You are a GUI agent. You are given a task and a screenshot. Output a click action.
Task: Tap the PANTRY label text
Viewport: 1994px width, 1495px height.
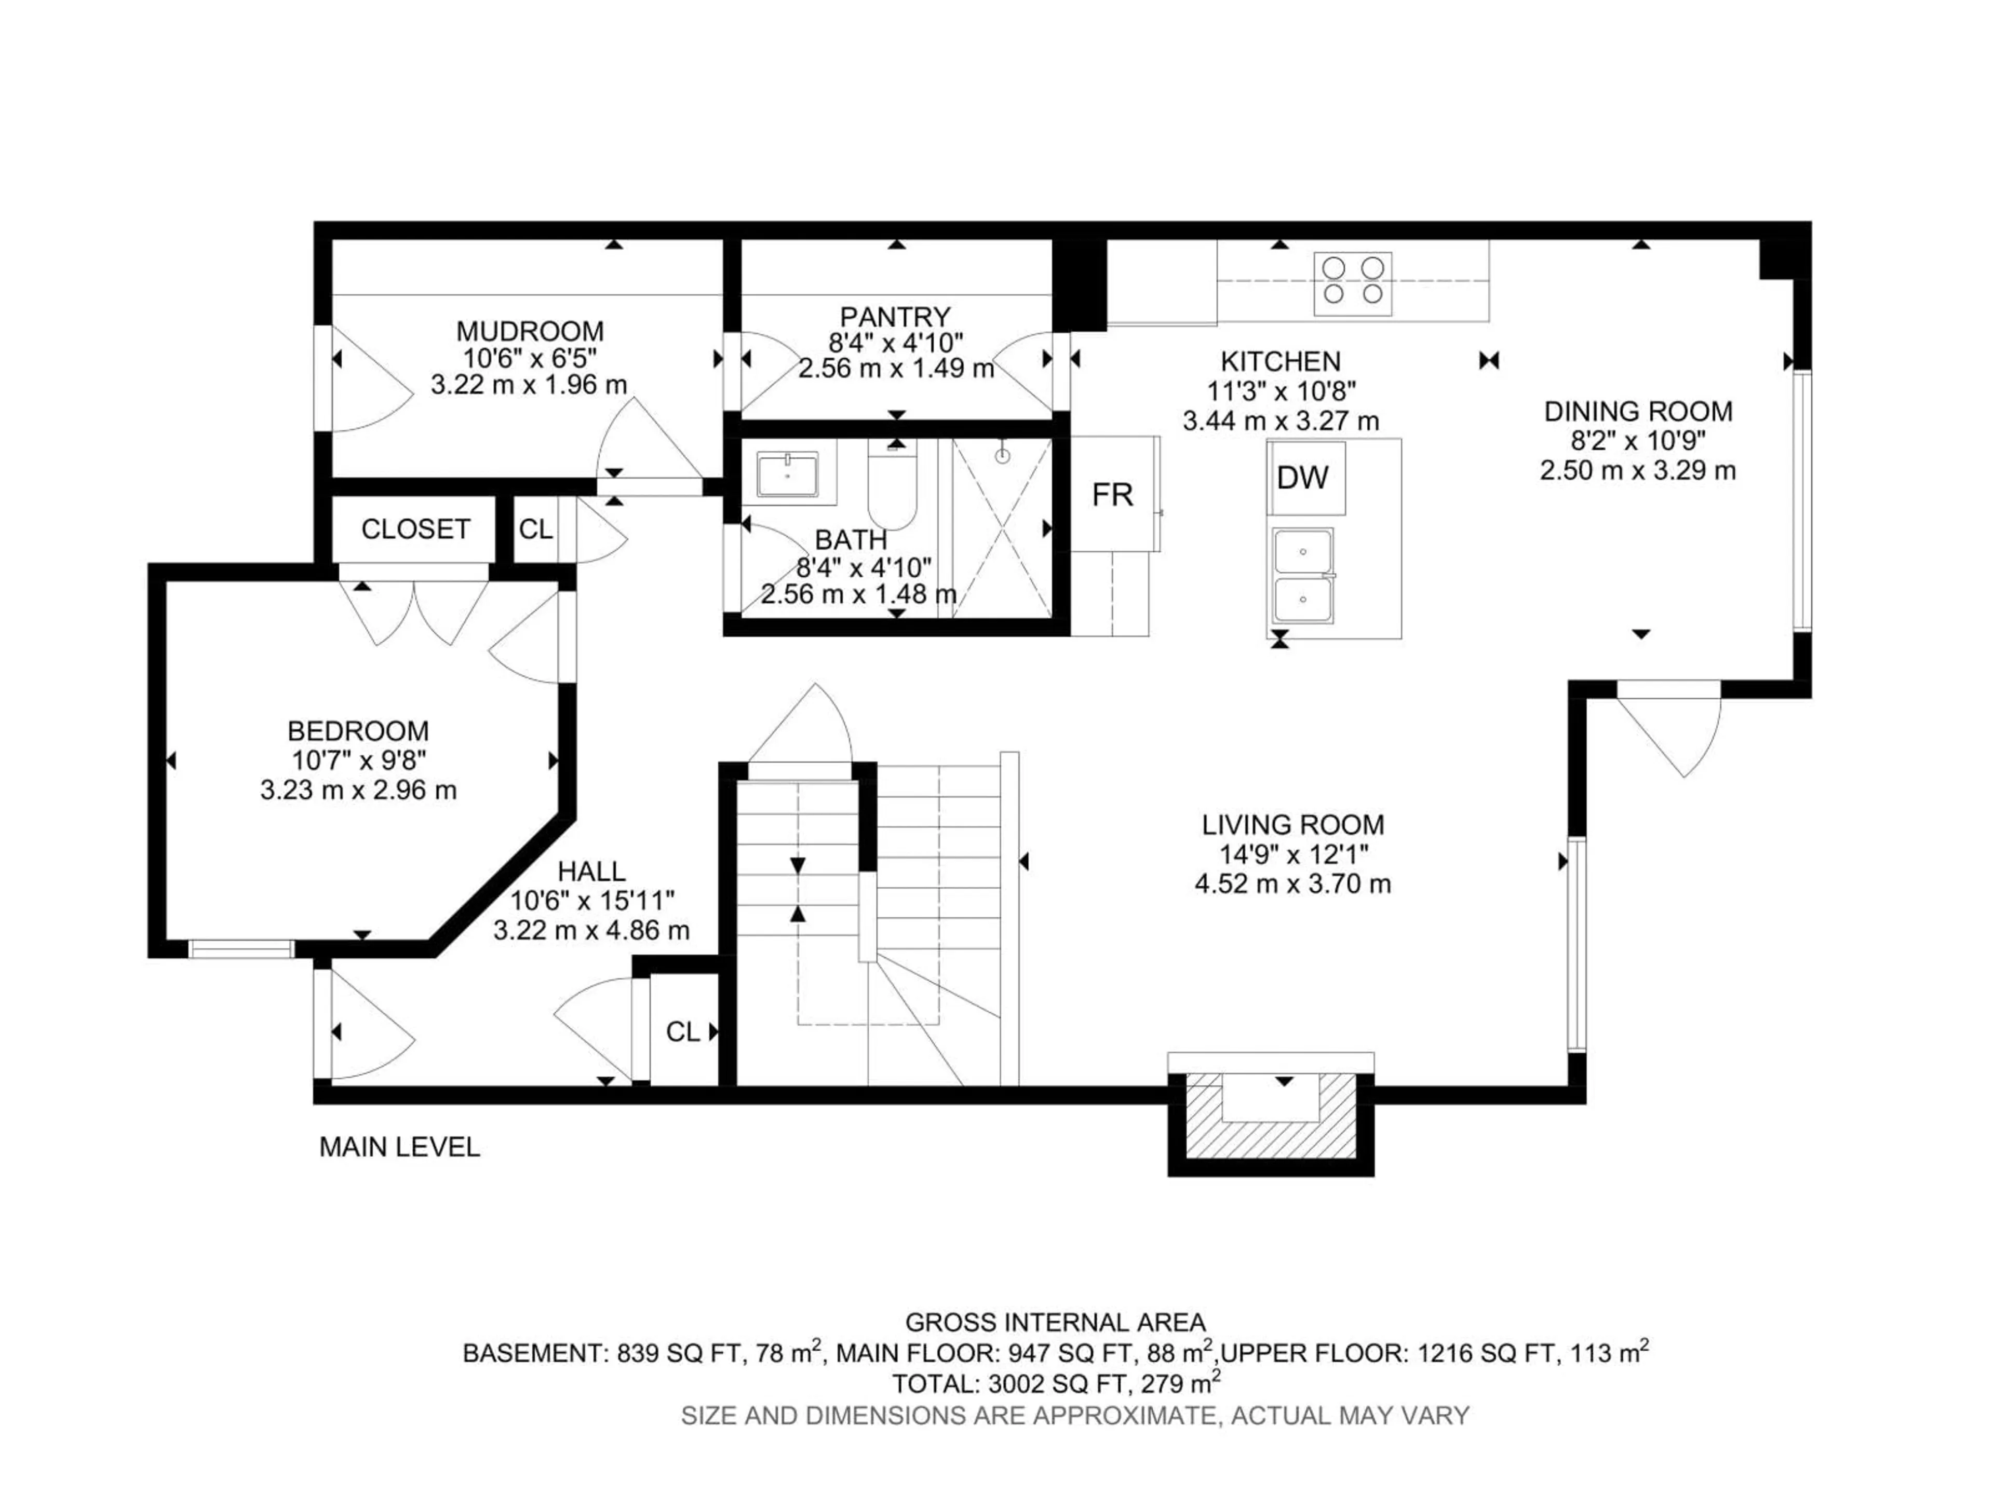(895, 317)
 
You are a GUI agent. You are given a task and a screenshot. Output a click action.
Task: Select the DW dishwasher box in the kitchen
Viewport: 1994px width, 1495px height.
(1303, 478)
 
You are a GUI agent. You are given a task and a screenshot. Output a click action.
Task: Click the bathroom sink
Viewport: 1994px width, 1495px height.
(787, 475)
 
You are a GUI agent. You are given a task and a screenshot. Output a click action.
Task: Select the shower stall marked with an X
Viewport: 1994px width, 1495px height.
(1002, 528)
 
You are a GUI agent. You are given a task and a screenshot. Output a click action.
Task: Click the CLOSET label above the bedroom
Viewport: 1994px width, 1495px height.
(415, 529)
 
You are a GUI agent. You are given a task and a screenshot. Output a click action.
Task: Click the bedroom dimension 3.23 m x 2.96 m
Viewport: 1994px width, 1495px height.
(359, 790)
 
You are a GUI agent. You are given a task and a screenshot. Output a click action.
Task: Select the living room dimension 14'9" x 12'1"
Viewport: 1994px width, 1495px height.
(1292, 854)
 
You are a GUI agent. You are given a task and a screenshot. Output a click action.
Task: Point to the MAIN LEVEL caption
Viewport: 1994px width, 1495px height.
(399, 1147)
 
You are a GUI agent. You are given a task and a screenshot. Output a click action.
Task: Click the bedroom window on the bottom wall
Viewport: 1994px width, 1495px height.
(241, 949)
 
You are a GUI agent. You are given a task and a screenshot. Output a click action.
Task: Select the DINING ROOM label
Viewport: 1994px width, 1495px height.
(1638, 412)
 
